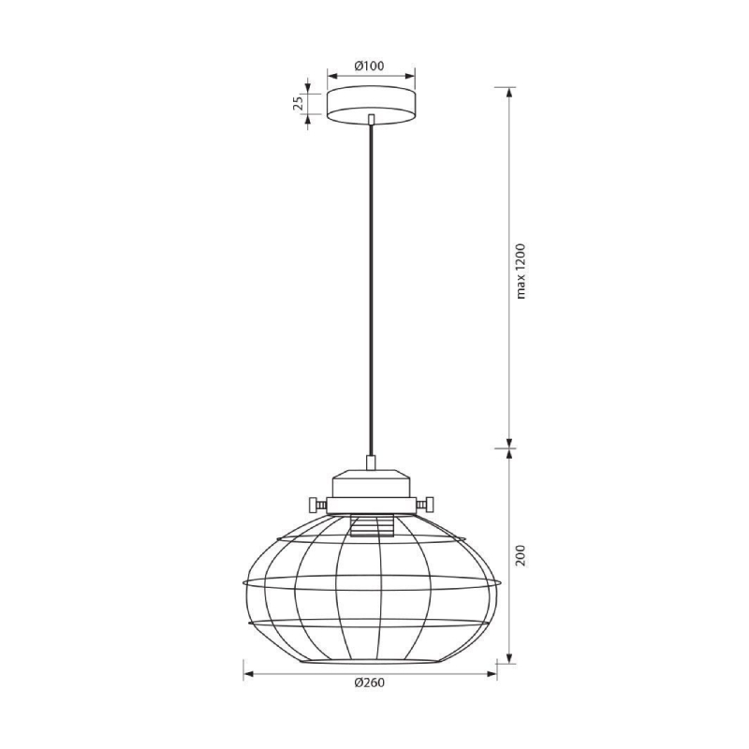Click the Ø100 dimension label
pos(369,66)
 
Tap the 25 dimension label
pos(298,103)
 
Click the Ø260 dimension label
pos(369,683)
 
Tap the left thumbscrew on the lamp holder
pos(317,504)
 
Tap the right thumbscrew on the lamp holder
pos(425,504)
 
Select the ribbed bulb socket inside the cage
pos(371,526)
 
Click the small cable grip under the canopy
pos(371,119)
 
